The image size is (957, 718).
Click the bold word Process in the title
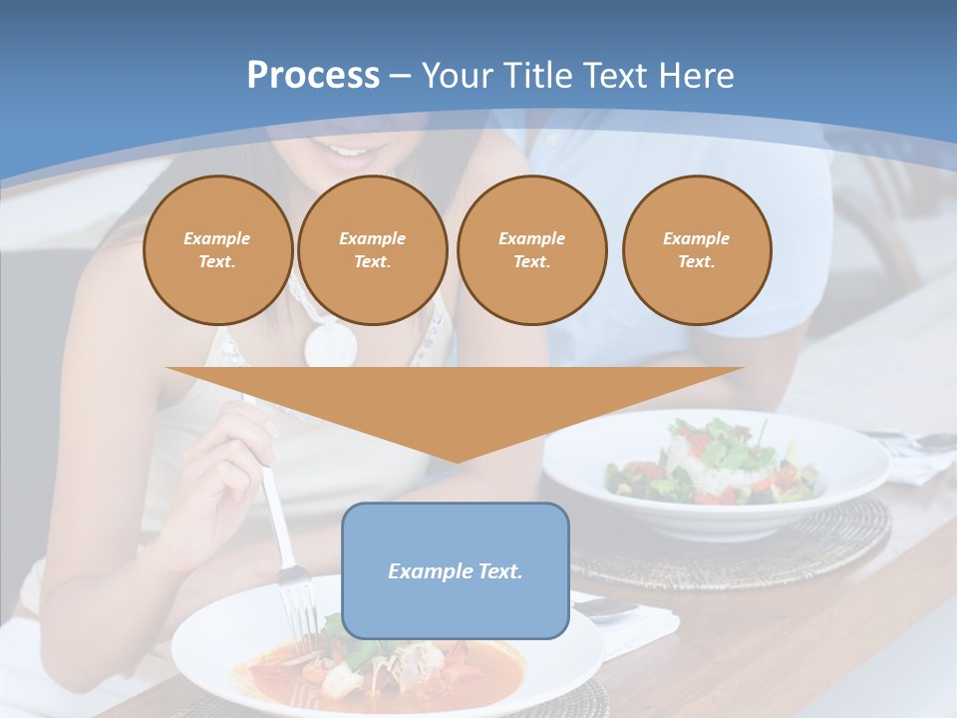pos(313,76)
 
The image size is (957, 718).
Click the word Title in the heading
pos(535,76)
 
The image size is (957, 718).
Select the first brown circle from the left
pos(217,250)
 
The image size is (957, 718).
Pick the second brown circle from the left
pos(372,250)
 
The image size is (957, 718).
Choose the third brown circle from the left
pos(531,250)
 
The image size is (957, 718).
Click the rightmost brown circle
pos(696,250)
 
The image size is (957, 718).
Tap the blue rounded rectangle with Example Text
pos(455,570)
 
